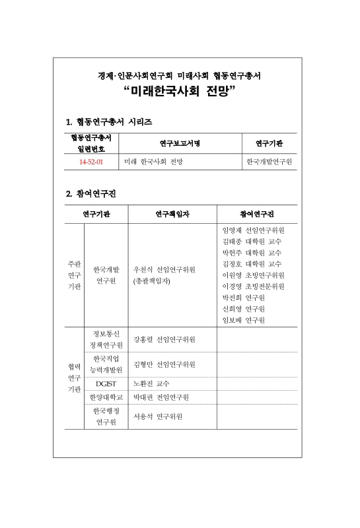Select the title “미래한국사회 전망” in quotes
(x=180, y=92)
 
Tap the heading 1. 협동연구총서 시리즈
(x=109, y=122)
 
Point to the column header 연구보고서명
(x=180, y=143)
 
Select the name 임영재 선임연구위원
(x=254, y=230)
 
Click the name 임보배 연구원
(x=244, y=320)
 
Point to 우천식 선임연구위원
(x=164, y=270)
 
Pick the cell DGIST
(x=106, y=383)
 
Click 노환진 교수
(x=151, y=383)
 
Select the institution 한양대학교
(x=106, y=397)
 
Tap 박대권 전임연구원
(x=161, y=397)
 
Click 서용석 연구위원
(x=158, y=416)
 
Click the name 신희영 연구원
(x=244, y=309)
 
